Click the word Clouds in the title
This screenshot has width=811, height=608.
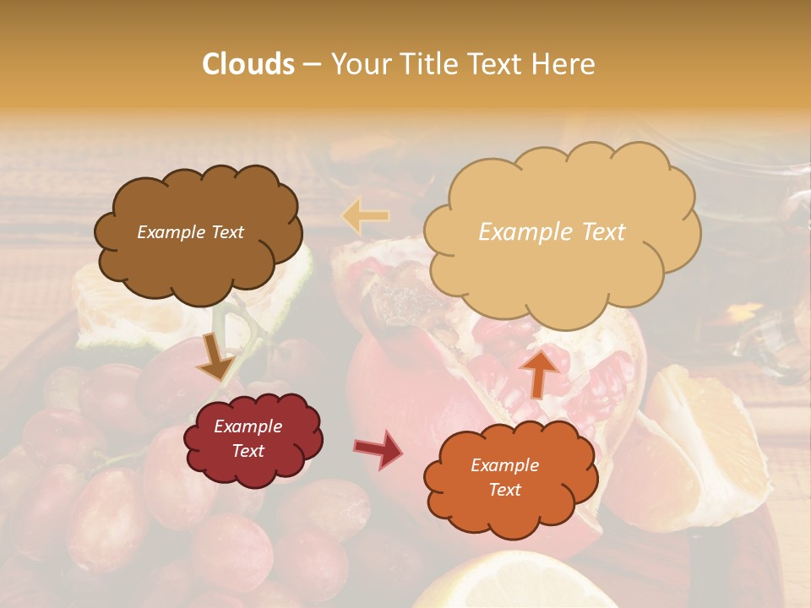(248, 64)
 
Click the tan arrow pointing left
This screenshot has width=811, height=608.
(365, 216)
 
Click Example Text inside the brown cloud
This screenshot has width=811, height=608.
(190, 232)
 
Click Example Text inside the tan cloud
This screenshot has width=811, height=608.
(552, 232)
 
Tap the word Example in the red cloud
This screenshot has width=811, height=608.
(248, 426)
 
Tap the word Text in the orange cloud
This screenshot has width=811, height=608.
(504, 490)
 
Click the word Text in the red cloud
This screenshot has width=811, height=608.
(248, 451)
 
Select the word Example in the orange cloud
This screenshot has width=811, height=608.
(504, 465)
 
